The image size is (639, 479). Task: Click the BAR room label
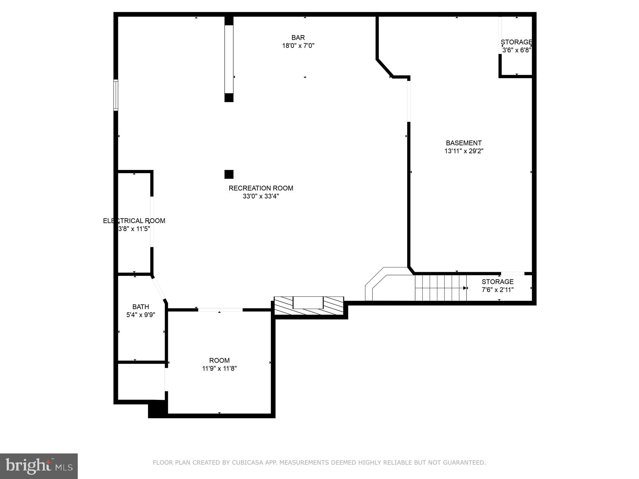pyautogui.click(x=298, y=38)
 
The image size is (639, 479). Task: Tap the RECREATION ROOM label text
pyautogui.click(x=261, y=188)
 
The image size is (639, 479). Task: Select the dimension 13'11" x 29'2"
pyautogui.click(x=464, y=151)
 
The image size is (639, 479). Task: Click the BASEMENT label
pyautogui.click(x=464, y=143)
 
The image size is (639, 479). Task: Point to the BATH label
pyautogui.click(x=141, y=307)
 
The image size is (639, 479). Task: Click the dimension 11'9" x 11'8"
pyautogui.click(x=219, y=369)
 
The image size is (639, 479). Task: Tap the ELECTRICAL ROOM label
pyautogui.click(x=134, y=221)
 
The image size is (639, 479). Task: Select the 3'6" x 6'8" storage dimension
pyautogui.click(x=517, y=50)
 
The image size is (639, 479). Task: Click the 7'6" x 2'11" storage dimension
pyautogui.click(x=497, y=290)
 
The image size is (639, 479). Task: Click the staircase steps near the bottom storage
pyautogui.click(x=440, y=288)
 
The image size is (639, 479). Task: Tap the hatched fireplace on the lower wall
pyautogui.click(x=308, y=305)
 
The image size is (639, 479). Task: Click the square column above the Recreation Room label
pyautogui.click(x=229, y=174)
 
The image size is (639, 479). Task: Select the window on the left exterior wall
pyautogui.click(x=116, y=95)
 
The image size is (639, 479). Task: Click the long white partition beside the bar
pyautogui.click(x=229, y=59)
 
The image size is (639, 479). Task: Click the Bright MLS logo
pyautogui.click(x=39, y=466)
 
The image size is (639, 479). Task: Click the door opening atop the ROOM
pyautogui.click(x=220, y=310)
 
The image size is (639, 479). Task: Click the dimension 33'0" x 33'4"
pyautogui.click(x=261, y=196)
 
